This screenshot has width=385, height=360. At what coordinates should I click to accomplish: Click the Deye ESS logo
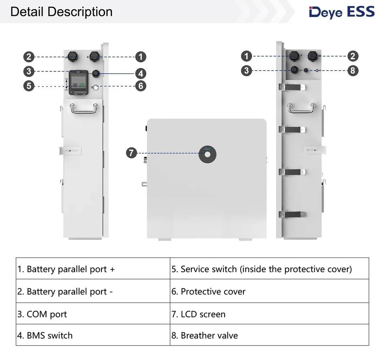click(x=342, y=12)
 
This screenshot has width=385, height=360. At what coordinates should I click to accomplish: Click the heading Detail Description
click(x=61, y=12)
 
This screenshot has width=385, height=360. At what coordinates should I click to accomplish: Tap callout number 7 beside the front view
click(x=132, y=153)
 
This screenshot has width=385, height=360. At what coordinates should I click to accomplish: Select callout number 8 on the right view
click(x=353, y=71)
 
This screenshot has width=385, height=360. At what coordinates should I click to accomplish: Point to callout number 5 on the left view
click(x=28, y=85)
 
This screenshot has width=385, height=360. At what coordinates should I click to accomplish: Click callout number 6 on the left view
click(x=140, y=85)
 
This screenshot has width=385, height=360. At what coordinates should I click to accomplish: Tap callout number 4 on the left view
click(x=140, y=73)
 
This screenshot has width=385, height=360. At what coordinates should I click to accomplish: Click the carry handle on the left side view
click(x=84, y=108)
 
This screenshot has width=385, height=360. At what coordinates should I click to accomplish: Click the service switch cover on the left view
click(x=78, y=83)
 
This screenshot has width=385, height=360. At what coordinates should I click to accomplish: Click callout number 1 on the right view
click(x=246, y=56)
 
